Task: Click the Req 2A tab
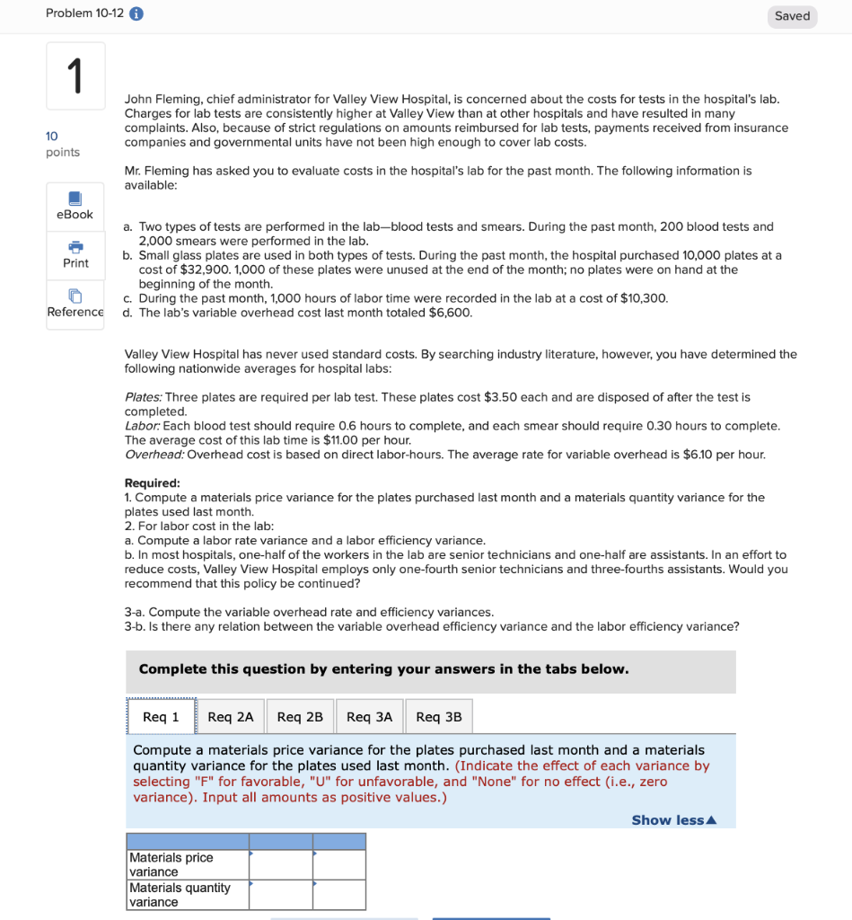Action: click(x=231, y=717)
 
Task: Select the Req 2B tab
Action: click(x=300, y=717)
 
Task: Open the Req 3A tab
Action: click(x=369, y=717)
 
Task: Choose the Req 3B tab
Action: click(x=439, y=717)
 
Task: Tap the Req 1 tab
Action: click(x=161, y=717)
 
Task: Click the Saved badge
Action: click(x=792, y=16)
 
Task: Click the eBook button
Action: click(x=75, y=206)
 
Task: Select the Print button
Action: click(x=75, y=254)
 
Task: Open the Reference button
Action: click(x=75, y=304)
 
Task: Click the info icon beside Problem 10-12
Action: click(x=136, y=13)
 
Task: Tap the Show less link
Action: click(x=673, y=819)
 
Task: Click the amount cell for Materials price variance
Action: click(x=280, y=864)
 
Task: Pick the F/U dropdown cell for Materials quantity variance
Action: click(x=338, y=895)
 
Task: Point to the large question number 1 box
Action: click(x=75, y=75)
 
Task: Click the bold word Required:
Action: click(x=152, y=482)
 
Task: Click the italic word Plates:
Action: click(x=144, y=396)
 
